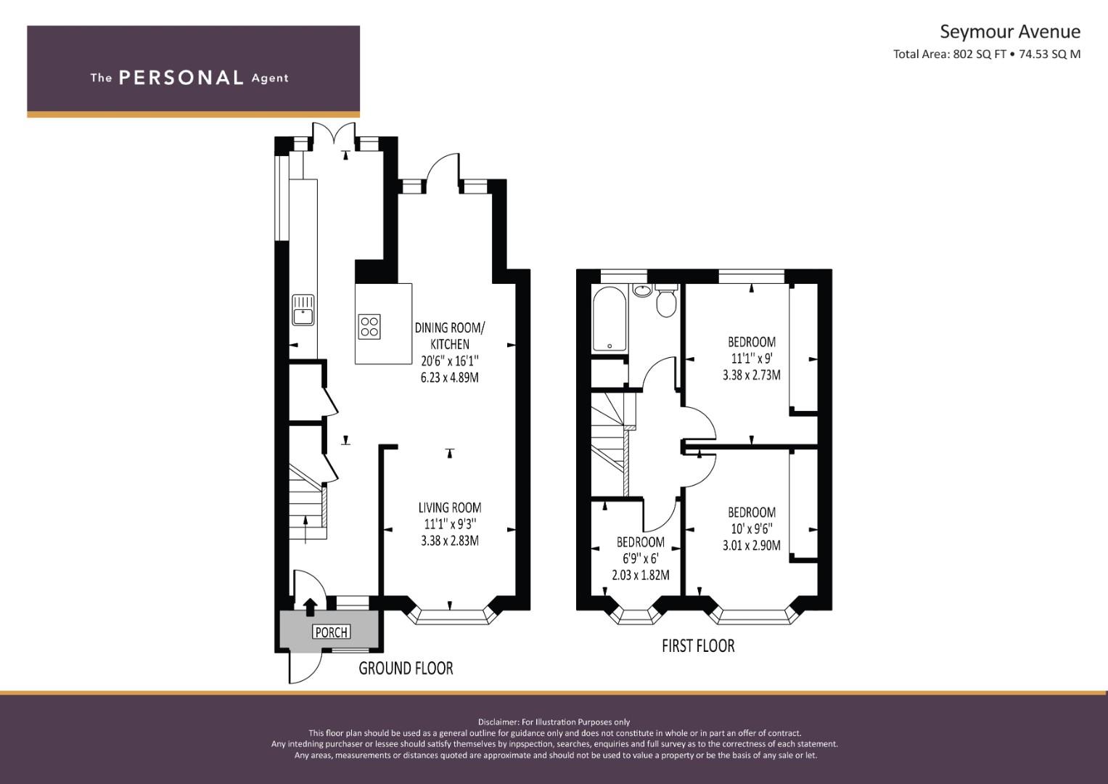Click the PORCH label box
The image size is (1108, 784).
click(332, 632)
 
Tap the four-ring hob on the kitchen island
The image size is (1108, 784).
click(370, 327)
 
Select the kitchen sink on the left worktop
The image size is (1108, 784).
click(303, 310)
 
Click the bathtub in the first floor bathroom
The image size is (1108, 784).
click(610, 319)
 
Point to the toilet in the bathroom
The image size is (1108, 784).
click(666, 300)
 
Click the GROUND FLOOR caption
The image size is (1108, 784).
click(406, 668)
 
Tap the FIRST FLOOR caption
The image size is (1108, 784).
click(698, 645)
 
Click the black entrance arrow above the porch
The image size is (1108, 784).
click(310, 608)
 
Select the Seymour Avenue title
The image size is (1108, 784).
click(1010, 32)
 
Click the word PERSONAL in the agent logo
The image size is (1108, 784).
click(181, 78)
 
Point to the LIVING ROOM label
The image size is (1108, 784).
click(450, 507)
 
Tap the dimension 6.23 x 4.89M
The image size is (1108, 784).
click(450, 377)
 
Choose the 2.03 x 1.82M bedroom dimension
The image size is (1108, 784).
click(641, 575)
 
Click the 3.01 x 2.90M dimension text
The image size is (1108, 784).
click(751, 545)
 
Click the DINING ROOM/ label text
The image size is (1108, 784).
click(450, 327)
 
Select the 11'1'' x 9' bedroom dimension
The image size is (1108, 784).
click(751, 358)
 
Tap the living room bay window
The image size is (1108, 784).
click(450, 616)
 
